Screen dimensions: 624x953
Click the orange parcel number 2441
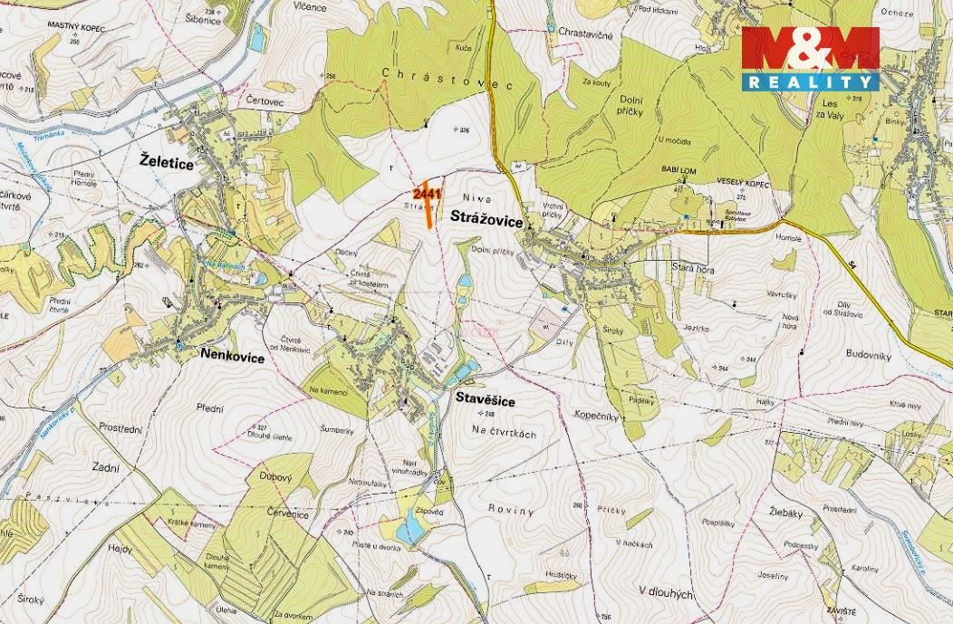coord(426,194)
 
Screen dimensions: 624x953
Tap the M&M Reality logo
coord(810,58)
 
